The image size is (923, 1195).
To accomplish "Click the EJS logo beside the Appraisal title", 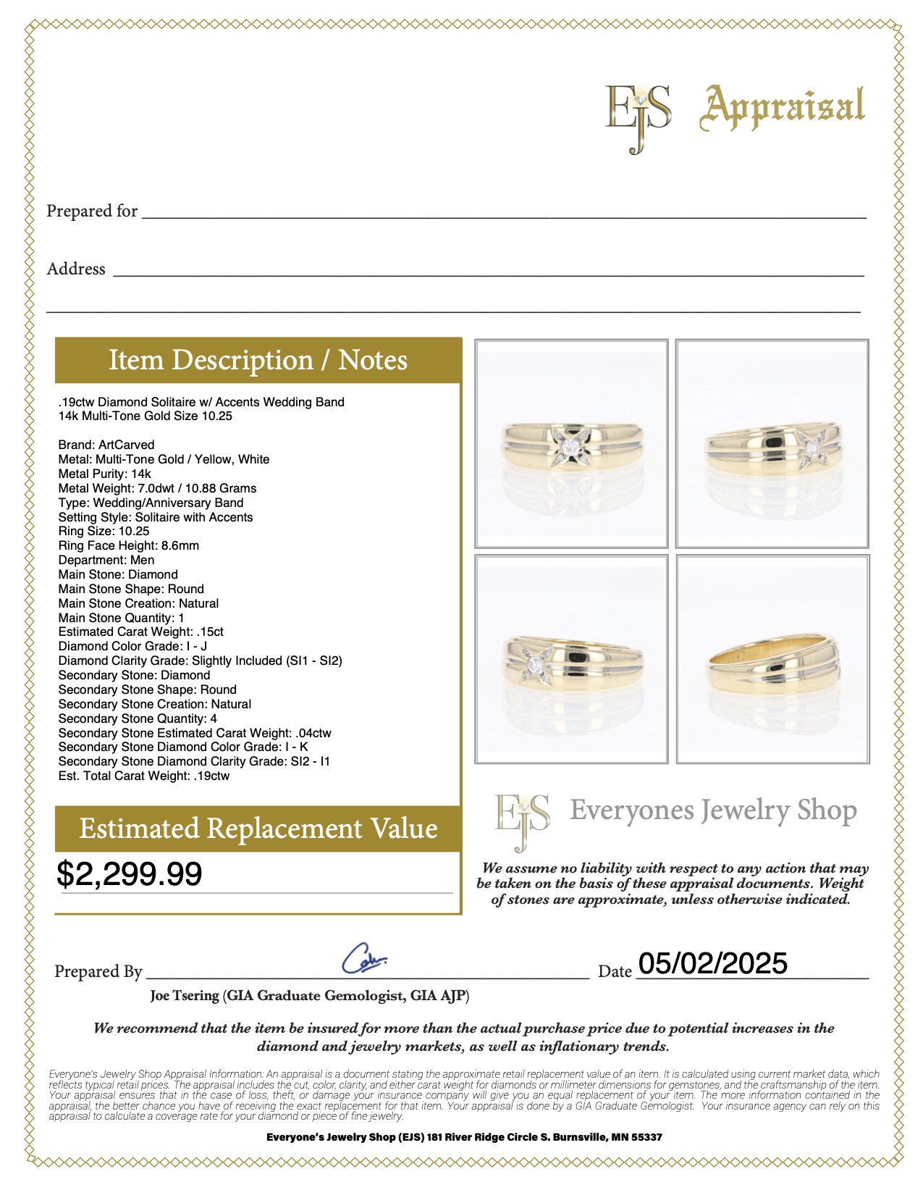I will [x=638, y=116].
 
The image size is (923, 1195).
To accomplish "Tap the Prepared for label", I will [x=92, y=211].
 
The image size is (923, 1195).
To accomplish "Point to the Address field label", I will [x=76, y=269].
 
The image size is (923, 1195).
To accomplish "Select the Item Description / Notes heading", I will [x=258, y=360].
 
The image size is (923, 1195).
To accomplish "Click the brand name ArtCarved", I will [x=127, y=445].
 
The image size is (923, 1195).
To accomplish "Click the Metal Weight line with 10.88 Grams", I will [x=157, y=488].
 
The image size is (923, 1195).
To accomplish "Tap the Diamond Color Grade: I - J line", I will [x=132, y=646].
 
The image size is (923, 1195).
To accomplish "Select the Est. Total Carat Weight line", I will [x=143, y=776].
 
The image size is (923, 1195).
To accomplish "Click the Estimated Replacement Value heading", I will [x=258, y=829].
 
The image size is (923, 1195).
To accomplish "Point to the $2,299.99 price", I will [x=130, y=874].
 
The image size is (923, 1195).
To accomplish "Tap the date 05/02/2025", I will [x=713, y=963].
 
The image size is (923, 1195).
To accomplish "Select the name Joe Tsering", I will [x=185, y=996].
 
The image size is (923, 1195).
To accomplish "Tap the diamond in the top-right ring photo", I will [x=813, y=450].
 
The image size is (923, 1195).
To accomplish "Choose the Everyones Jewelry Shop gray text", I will [x=713, y=810].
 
